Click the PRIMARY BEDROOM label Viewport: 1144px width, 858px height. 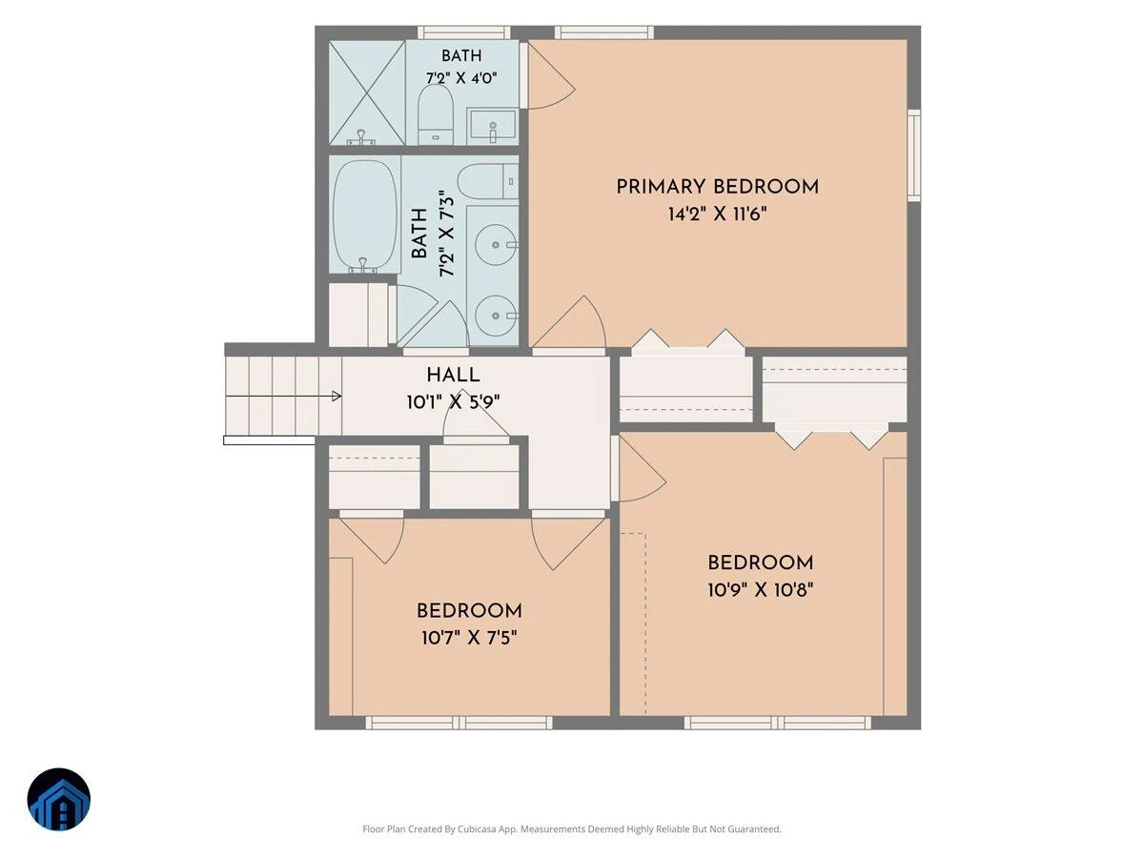tap(717, 187)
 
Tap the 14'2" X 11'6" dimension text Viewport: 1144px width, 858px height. tap(718, 214)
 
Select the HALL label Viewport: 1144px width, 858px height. tap(453, 375)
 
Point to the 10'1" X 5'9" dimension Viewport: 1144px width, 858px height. tap(454, 402)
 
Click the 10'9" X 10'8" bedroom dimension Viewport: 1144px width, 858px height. tap(761, 590)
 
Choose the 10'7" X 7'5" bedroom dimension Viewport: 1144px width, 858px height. tap(469, 638)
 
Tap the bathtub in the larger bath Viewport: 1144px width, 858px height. tap(364, 215)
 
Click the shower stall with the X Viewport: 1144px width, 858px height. tap(367, 92)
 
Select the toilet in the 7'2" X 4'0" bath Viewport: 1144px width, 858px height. tap(436, 114)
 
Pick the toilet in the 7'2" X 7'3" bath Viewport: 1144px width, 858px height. tap(488, 181)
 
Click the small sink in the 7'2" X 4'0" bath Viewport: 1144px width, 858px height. tap(493, 126)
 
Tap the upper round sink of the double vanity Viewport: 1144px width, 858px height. tap(497, 244)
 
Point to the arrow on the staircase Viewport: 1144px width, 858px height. tap(283, 396)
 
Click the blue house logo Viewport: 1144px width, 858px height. tap(59, 799)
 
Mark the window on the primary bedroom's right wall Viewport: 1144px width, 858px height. tap(914, 155)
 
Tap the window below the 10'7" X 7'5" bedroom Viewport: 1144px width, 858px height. tap(459, 722)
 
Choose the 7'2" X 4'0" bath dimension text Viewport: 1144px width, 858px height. tap(461, 78)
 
